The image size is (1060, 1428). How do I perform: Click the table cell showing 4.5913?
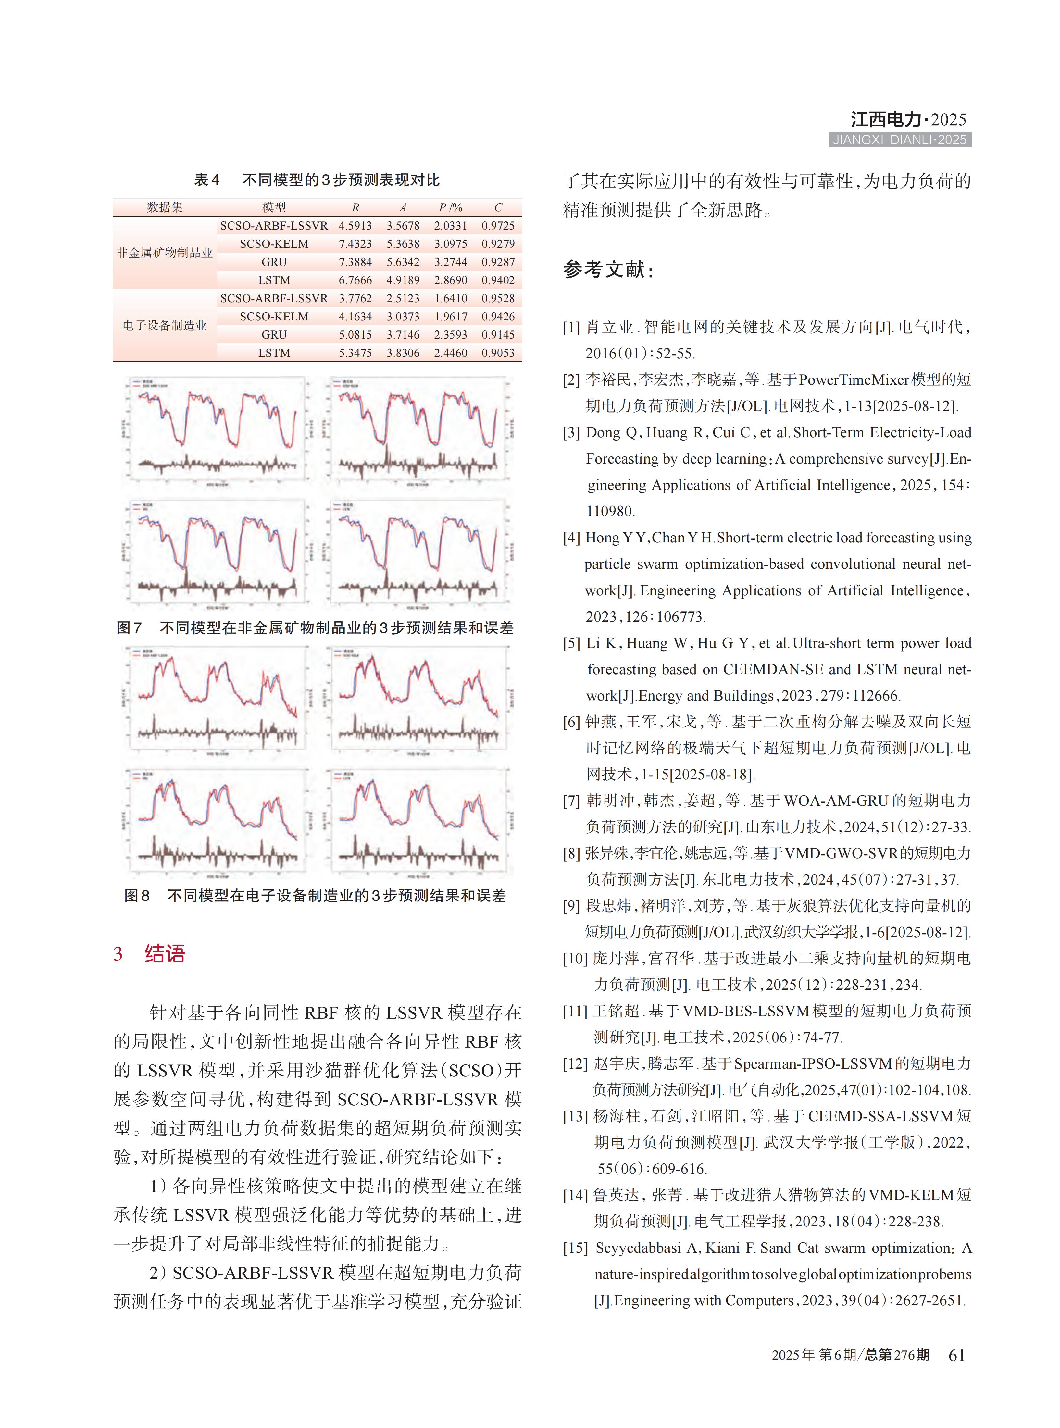pos(355,226)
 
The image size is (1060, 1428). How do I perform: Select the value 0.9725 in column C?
pos(498,226)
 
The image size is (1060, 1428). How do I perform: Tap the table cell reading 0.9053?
pos(498,353)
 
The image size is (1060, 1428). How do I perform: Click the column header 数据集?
pos(165,207)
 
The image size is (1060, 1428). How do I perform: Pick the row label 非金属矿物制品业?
pos(165,253)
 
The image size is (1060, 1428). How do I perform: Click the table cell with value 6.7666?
pos(355,280)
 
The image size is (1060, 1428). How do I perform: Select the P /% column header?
pos(450,207)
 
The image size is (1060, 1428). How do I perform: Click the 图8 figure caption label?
pos(137,896)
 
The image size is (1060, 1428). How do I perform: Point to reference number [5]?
pos(572,643)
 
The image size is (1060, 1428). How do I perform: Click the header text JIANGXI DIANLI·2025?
pos(900,140)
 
